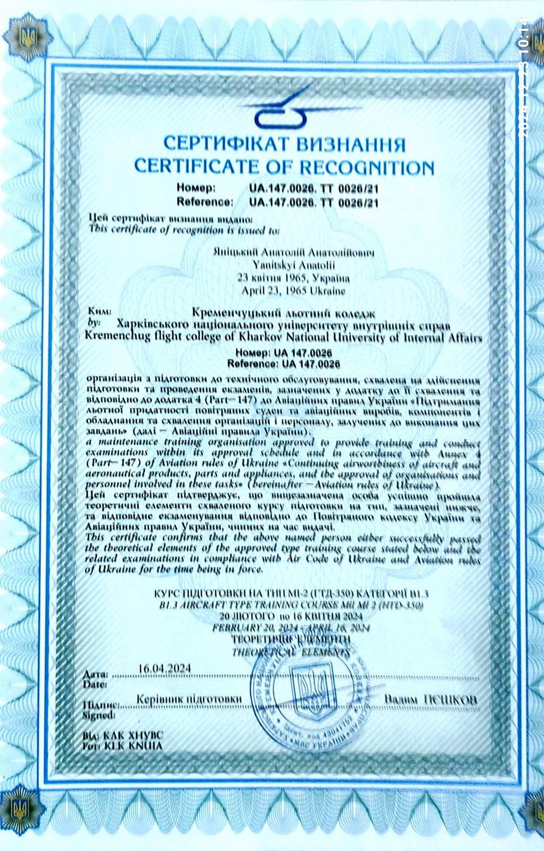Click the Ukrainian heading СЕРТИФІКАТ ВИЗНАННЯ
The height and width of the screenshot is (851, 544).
284,144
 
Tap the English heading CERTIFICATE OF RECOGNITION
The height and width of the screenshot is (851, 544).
284,166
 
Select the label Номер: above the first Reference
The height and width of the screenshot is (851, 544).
196,188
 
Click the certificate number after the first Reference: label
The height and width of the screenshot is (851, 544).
314,202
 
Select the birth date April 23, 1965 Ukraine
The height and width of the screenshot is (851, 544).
293,291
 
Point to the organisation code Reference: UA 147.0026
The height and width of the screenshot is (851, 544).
283,364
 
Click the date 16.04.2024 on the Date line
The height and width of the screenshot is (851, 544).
164,668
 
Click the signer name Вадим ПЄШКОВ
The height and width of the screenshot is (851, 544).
430,699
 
